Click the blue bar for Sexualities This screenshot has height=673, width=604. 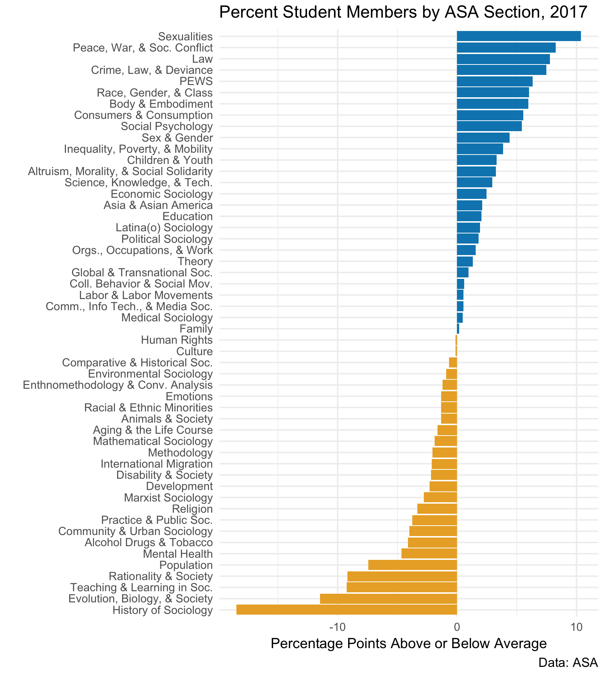[518, 36]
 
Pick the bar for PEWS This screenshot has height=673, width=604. [494, 81]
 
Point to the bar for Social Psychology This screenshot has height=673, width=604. [489, 126]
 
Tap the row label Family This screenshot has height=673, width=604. [196, 329]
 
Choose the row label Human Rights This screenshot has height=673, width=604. [177, 340]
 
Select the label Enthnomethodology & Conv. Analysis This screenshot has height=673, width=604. [117, 385]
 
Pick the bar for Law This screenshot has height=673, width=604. [503, 59]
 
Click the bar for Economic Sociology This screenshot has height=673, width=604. [471, 194]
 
